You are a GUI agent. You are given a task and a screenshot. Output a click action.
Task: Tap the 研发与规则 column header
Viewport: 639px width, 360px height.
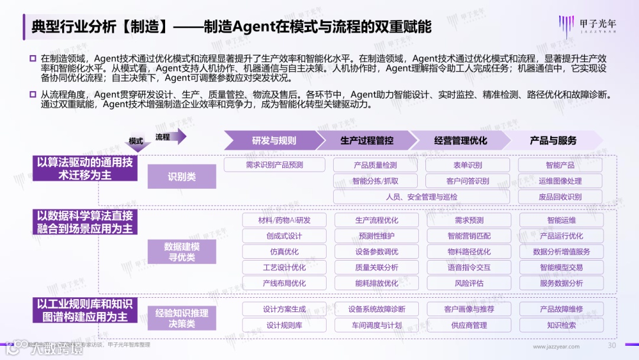tap(273, 141)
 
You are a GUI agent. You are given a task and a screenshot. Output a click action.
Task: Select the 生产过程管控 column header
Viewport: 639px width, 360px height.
tap(366, 141)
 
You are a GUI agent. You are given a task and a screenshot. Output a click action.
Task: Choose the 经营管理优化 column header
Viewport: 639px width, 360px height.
tap(460, 141)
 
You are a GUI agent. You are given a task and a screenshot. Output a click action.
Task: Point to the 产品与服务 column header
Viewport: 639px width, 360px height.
tap(553, 141)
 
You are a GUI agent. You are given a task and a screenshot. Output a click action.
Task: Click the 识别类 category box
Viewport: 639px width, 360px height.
tap(182, 176)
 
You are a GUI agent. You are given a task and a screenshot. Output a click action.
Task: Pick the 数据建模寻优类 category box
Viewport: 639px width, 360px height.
tap(182, 252)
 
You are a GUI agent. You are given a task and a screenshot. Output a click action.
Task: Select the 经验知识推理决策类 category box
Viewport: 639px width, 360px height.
tap(182, 318)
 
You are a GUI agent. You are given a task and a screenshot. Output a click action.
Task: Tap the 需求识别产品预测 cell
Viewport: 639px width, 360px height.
tap(275, 165)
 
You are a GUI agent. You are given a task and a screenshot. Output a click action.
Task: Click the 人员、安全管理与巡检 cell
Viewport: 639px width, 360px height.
tap(421, 197)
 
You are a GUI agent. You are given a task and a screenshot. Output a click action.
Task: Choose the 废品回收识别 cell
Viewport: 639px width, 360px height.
tap(560, 197)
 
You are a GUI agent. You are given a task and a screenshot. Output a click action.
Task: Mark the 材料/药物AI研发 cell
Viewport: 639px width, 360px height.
tap(284, 220)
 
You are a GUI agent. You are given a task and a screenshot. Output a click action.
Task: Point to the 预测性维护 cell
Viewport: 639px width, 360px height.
tap(376, 236)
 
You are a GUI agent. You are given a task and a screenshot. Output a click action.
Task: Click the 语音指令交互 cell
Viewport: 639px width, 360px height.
tap(469, 268)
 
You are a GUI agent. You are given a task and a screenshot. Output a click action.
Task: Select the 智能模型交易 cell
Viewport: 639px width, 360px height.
tap(561, 268)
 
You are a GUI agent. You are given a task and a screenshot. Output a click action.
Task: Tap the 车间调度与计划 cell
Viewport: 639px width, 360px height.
tap(376, 325)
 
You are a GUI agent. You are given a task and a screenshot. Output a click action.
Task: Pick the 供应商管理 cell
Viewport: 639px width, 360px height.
tap(469, 325)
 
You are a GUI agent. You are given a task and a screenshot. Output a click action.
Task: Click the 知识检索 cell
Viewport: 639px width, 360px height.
tap(561, 325)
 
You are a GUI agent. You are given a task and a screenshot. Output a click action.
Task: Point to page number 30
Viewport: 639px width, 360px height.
tap(612, 346)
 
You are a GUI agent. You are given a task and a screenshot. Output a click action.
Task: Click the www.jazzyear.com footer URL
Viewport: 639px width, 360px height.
tap(556, 346)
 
